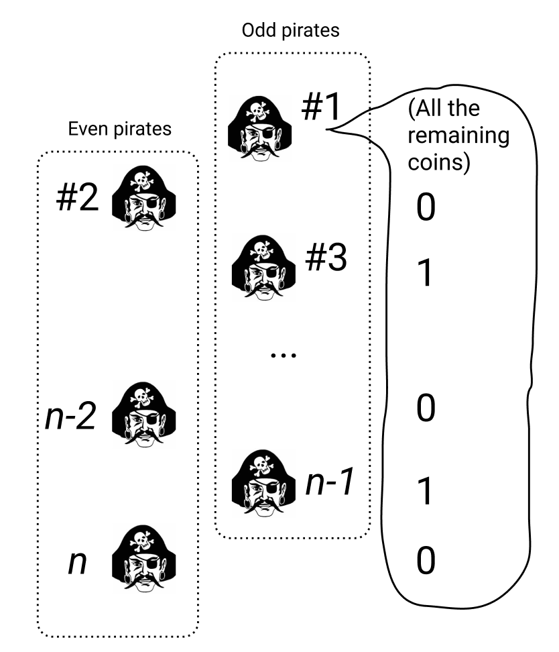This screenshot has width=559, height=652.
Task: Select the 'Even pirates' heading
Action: point(121,129)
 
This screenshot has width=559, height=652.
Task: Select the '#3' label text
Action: point(326,260)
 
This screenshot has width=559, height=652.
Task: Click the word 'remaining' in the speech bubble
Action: point(458,135)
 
